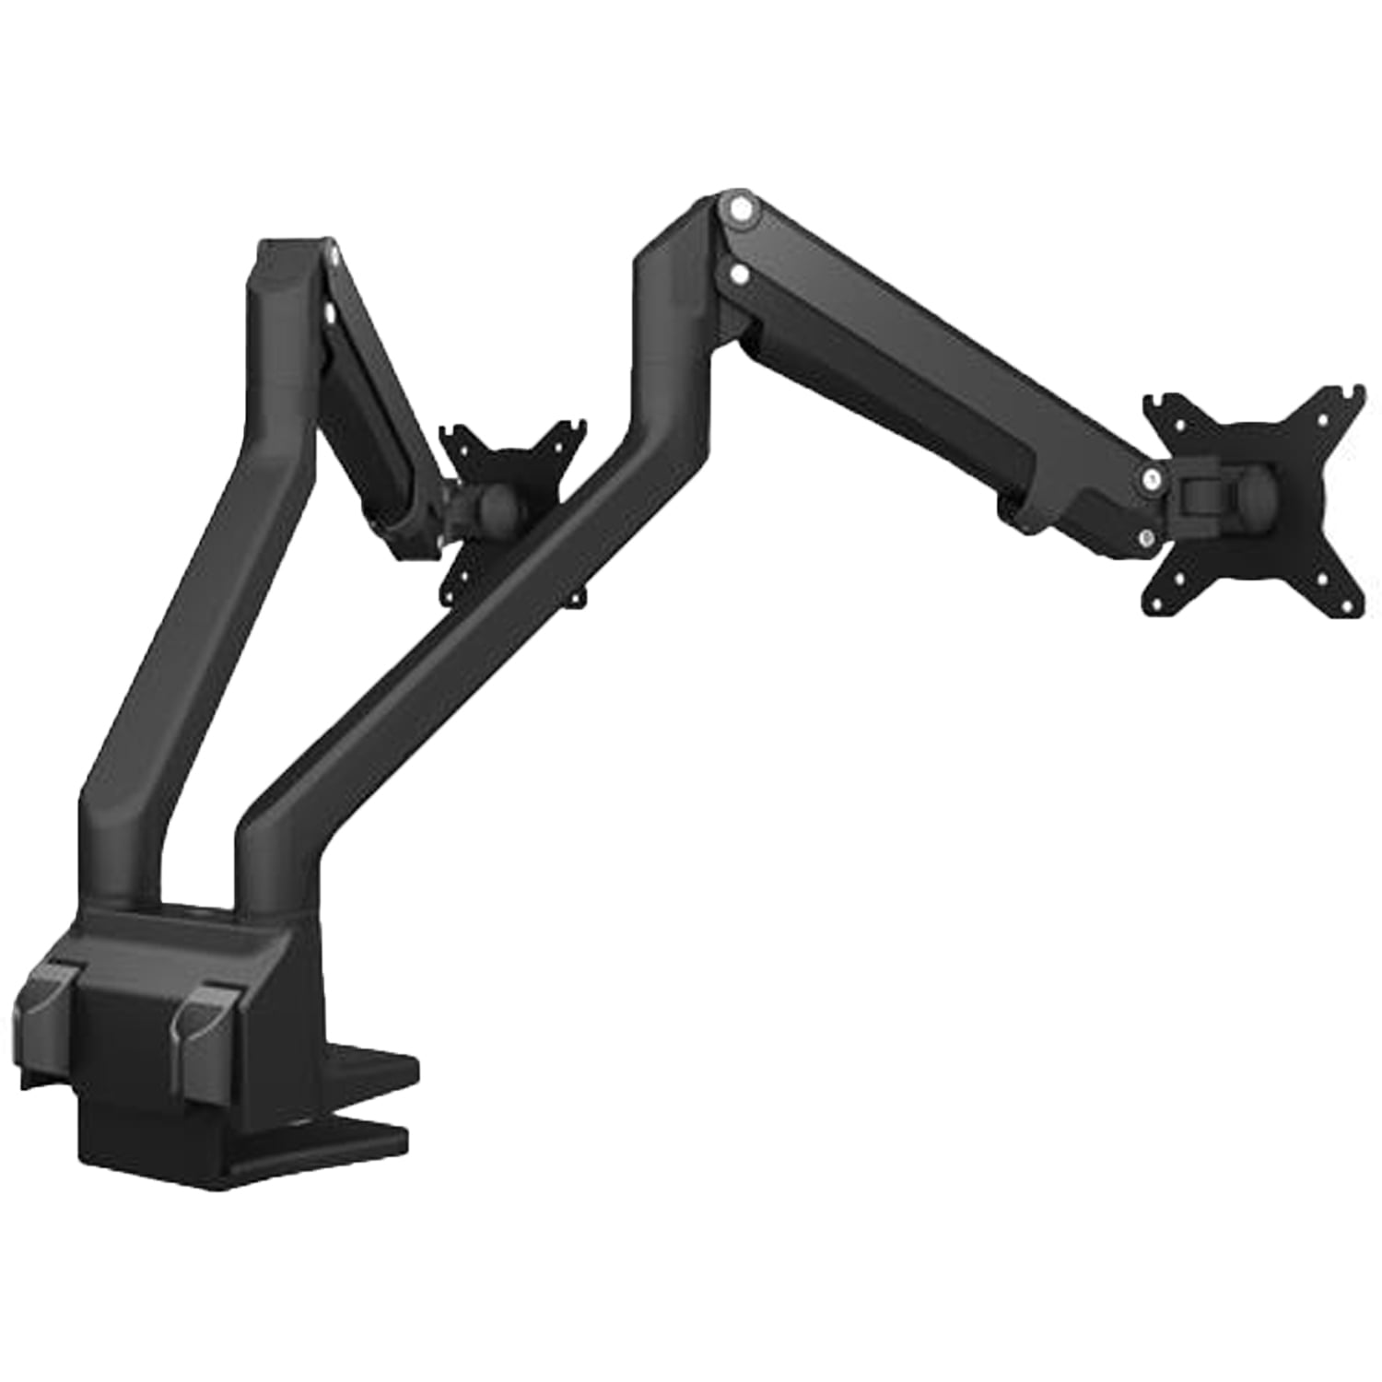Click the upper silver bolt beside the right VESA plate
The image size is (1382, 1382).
[1150, 477]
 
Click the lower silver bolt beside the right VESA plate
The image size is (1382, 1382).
[1145, 539]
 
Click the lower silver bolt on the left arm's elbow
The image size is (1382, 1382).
[328, 315]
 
